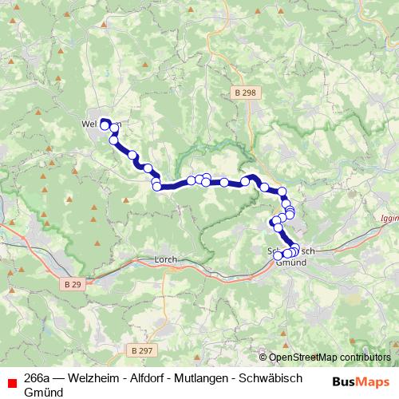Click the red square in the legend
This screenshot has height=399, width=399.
click(x=12, y=381)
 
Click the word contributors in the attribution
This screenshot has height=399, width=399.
click(x=366, y=358)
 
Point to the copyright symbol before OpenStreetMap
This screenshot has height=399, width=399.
click(x=263, y=358)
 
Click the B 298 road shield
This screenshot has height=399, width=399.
click(x=246, y=93)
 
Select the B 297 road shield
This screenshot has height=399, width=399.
click(x=140, y=350)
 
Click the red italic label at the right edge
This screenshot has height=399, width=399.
click(x=390, y=216)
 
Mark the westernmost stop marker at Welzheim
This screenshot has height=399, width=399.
click(x=105, y=125)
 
